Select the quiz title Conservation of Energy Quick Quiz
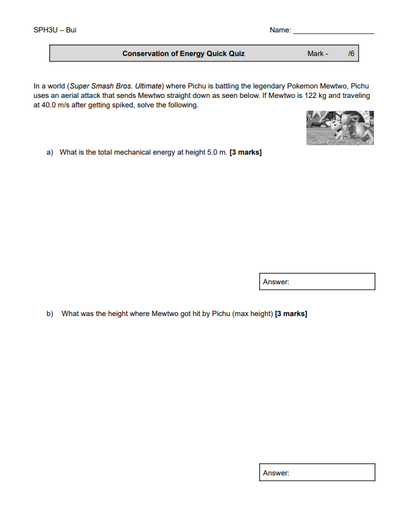(183, 53)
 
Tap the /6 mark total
(350, 53)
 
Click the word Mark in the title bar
(315, 53)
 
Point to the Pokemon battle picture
(340, 128)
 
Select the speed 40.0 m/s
(52, 105)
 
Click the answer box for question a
(317, 282)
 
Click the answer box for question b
(317, 473)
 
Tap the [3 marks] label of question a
(246, 152)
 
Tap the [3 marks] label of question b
(292, 313)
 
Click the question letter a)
(50, 152)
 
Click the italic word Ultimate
(141, 86)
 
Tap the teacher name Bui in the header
(72, 30)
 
